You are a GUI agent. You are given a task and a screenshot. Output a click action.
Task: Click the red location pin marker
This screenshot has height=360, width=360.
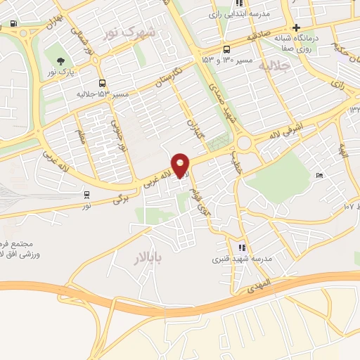[181, 165]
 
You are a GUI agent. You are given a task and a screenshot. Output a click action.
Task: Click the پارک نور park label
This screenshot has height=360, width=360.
[61, 72]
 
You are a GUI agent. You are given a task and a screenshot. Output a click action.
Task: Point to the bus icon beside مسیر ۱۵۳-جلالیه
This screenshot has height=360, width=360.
[103, 84]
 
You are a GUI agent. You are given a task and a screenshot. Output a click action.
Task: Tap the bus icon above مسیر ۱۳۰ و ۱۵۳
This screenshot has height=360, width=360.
[226, 49]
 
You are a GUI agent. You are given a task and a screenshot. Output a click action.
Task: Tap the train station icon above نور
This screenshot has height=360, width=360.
[86, 195]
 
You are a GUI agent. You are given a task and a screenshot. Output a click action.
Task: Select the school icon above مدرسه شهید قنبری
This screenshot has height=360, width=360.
[242, 247]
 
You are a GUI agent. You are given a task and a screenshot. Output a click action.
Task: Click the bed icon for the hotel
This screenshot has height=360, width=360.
[320, 175]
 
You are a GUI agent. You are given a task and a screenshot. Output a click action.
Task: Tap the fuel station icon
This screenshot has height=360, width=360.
[15, 22]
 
